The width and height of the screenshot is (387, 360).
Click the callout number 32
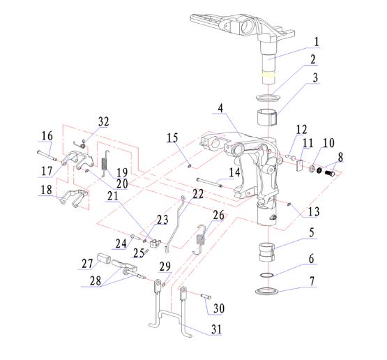point(103,121)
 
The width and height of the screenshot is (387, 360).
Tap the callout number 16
point(47,136)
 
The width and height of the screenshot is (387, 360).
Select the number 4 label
point(220,108)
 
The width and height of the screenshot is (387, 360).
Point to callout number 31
point(216,329)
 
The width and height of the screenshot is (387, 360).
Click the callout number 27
point(87,264)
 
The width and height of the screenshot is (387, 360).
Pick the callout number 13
point(314,211)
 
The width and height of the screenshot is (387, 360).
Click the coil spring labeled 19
point(105,163)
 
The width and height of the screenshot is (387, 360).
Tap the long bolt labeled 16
point(47,156)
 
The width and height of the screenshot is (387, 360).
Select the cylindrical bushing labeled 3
point(267,117)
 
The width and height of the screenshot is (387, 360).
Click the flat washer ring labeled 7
point(268,291)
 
